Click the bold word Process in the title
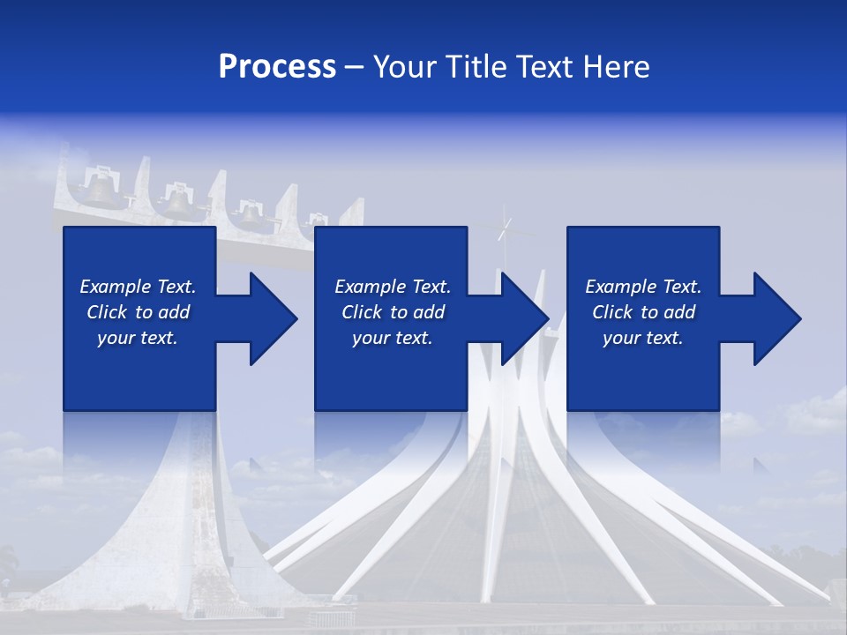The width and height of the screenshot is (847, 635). pos(277,67)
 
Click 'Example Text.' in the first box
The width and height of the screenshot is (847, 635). pos(138,287)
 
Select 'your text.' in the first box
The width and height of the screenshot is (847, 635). pos(138,338)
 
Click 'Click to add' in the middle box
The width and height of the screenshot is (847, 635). pos(393,312)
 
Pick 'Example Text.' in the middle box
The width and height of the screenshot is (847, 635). pos(393,287)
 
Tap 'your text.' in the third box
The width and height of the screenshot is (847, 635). pos(643,338)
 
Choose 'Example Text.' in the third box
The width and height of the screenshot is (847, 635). pos(643,287)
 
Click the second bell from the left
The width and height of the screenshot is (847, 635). pos(179,202)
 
